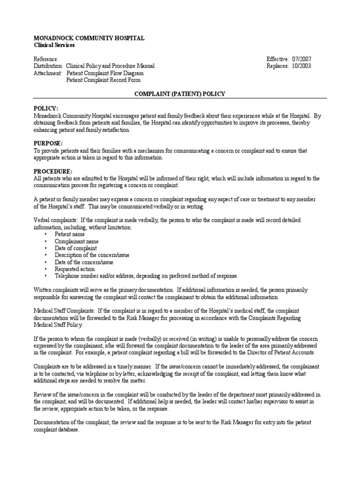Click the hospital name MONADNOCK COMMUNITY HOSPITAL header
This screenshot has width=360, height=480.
click(89, 38)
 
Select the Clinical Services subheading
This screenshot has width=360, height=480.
click(54, 45)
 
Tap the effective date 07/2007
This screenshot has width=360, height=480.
click(301, 59)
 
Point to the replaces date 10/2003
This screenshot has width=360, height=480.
click(301, 66)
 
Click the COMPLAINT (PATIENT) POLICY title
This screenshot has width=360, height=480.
click(180, 94)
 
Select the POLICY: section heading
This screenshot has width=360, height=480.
click(46, 108)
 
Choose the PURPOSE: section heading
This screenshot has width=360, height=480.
click(48, 143)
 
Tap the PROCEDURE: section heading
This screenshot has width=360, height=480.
click(53, 171)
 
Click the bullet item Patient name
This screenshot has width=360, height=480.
click(70, 233)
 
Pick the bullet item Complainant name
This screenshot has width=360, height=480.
click(77, 240)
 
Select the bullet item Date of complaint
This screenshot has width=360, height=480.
click(76, 247)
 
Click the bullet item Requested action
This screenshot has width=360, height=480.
click(75, 269)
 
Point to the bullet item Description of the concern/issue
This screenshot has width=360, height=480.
click(92, 255)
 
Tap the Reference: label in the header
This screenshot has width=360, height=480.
click(46, 59)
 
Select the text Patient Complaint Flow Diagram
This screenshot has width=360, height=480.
click(105, 73)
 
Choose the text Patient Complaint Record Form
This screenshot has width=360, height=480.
click(103, 80)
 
